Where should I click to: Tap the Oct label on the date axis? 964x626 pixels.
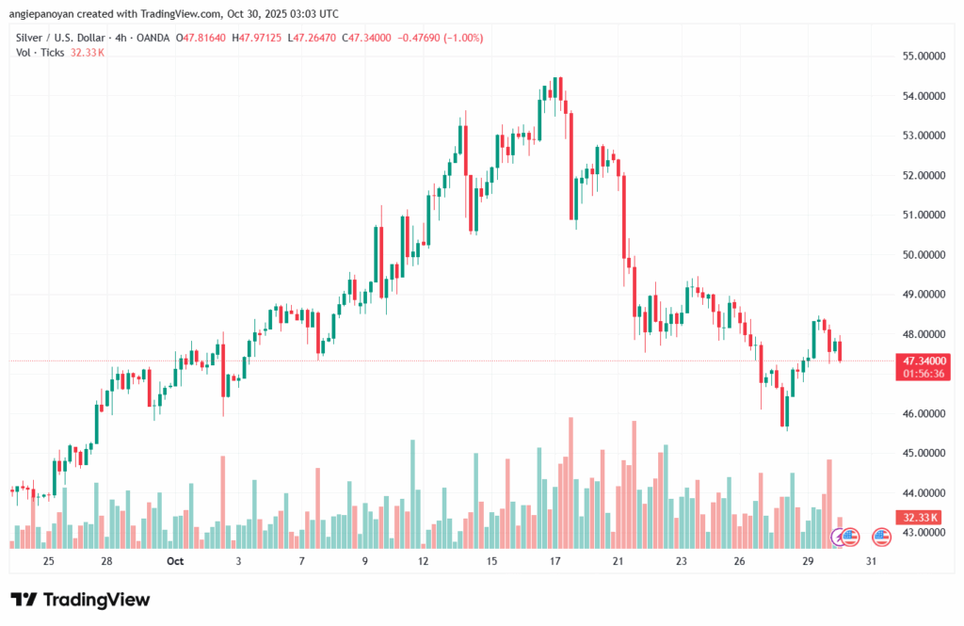point(174,561)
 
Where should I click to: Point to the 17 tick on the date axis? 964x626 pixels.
point(555,561)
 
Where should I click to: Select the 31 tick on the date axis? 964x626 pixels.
point(872,561)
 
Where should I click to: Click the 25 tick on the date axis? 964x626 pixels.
point(49,561)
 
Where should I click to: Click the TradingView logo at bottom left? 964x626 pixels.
point(80,600)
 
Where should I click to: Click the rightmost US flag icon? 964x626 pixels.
point(882,538)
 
